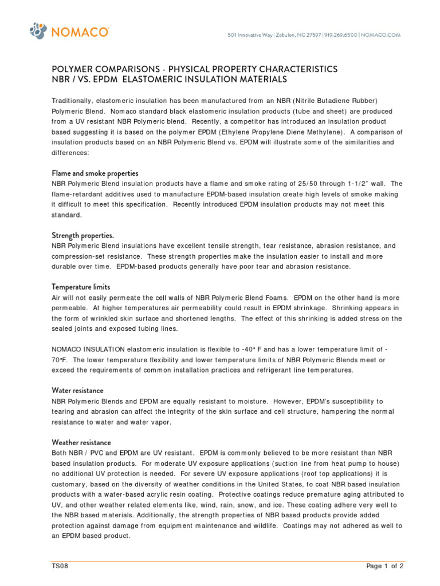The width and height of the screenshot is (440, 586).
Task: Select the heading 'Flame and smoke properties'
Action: point(95,173)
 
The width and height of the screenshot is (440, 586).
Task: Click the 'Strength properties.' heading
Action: point(83,235)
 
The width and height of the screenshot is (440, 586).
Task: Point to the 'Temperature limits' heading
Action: point(81,287)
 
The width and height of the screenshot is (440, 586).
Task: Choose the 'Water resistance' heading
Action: point(77,390)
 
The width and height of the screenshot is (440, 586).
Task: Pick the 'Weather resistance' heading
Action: point(81,442)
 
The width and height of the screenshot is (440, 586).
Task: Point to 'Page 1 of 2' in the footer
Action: point(385,567)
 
